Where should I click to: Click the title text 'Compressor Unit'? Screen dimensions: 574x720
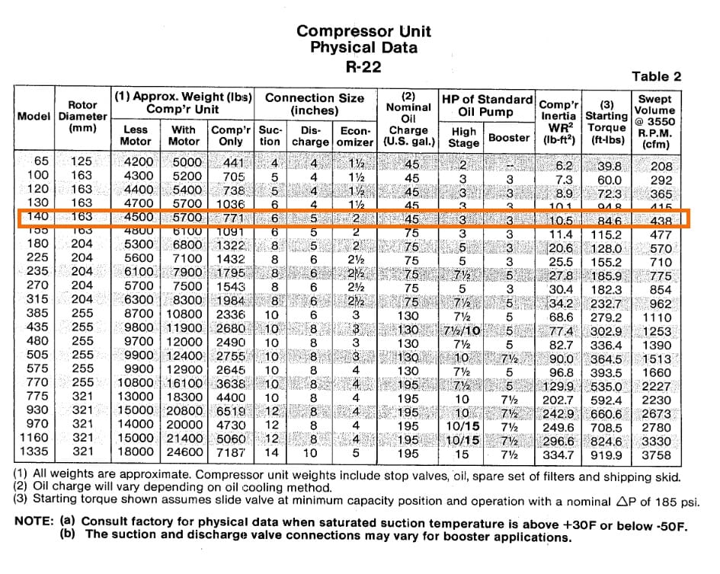(x=363, y=31)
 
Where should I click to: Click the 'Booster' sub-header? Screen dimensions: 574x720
(x=509, y=138)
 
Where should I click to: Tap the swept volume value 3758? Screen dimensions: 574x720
(x=656, y=455)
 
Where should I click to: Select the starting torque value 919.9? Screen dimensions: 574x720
(x=606, y=455)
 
